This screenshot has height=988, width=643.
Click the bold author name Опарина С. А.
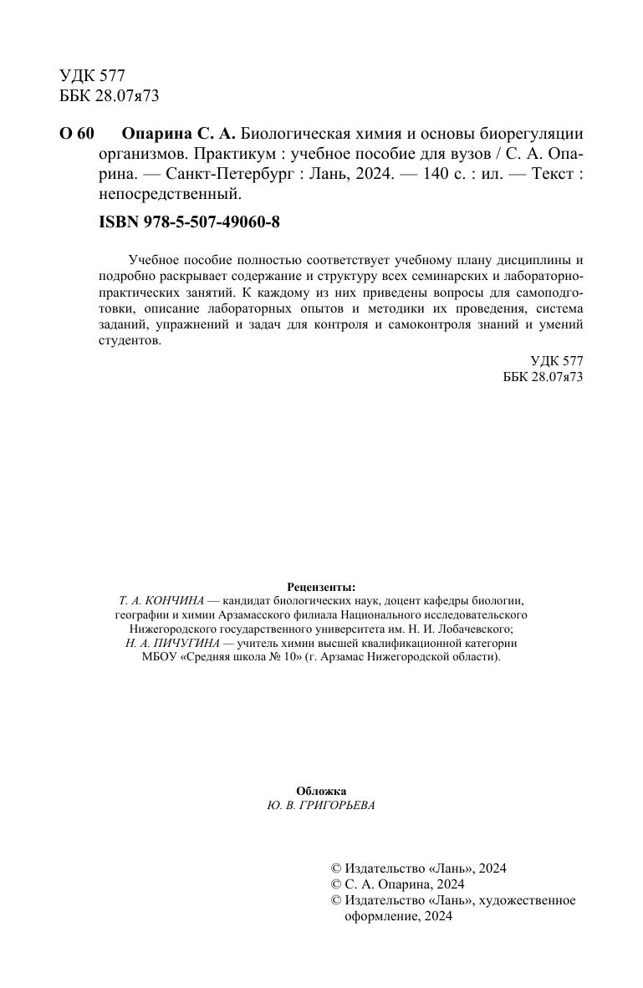179,135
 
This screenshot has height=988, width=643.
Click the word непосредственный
170,195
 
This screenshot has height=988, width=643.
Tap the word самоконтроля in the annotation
426,325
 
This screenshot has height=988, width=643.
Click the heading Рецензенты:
321,587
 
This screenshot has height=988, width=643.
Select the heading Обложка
321,791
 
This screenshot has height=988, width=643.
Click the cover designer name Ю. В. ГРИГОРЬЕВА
321,806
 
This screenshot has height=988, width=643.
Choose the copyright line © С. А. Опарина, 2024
398,884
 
